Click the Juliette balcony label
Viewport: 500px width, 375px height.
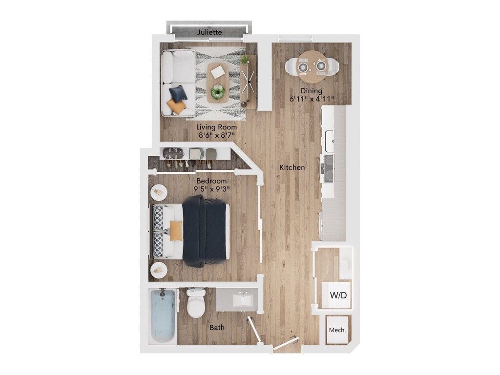pos(209,32)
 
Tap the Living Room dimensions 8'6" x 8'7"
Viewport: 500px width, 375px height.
pos(217,135)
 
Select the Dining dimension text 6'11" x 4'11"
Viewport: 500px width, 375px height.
pos(312,99)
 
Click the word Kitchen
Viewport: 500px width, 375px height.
pos(292,167)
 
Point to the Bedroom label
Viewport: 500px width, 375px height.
pos(211,181)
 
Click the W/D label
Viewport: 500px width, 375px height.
pos(338,295)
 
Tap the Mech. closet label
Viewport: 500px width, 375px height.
pos(337,330)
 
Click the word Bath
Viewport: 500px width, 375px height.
pos(217,328)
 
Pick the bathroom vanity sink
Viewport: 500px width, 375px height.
pos(243,300)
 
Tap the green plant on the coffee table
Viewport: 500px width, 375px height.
pos(218,92)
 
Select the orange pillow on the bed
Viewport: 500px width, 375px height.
pos(176,230)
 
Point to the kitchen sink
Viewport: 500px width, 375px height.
pos(330,141)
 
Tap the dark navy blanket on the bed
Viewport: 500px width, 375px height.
pos(205,231)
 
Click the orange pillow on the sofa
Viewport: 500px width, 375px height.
pos(176,106)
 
